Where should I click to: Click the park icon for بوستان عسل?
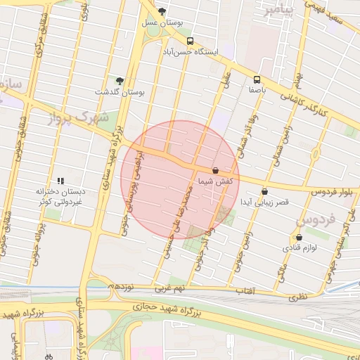162,11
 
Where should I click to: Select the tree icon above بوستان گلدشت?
120,81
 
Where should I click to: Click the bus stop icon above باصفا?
257,79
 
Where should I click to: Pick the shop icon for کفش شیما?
215,170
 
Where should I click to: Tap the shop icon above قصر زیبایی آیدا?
264,191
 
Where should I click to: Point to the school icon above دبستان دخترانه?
60,181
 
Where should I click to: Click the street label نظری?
297,297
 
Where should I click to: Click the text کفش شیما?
215,181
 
